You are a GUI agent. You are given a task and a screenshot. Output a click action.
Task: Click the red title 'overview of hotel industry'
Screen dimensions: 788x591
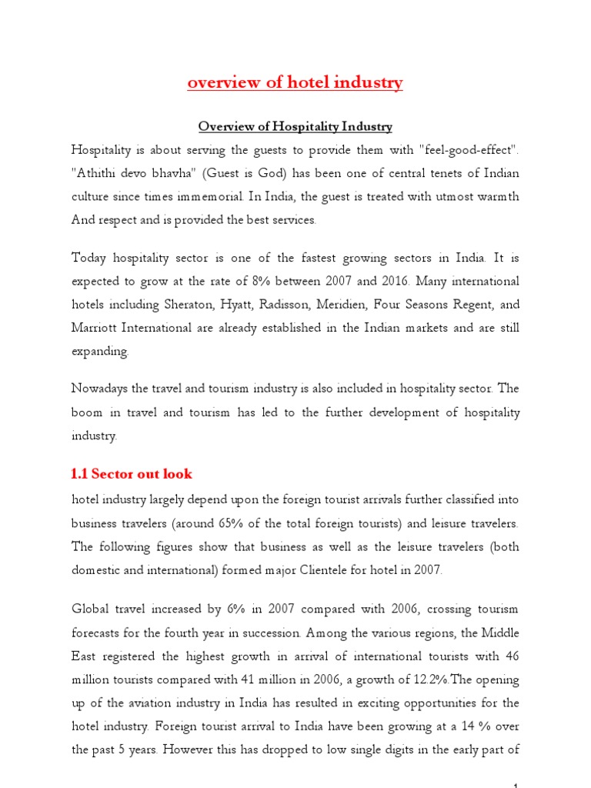pyautogui.click(x=295, y=83)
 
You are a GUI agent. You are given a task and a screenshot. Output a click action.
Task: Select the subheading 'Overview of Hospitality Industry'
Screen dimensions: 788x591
pyautogui.click(x=295, y=126)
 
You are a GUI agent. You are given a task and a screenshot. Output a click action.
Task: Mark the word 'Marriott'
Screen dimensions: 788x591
pyautogui.click(x=95, y=328)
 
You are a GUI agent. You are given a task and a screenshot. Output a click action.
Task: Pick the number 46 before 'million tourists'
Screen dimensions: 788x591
pyautogui.click(x=511, y=656)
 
